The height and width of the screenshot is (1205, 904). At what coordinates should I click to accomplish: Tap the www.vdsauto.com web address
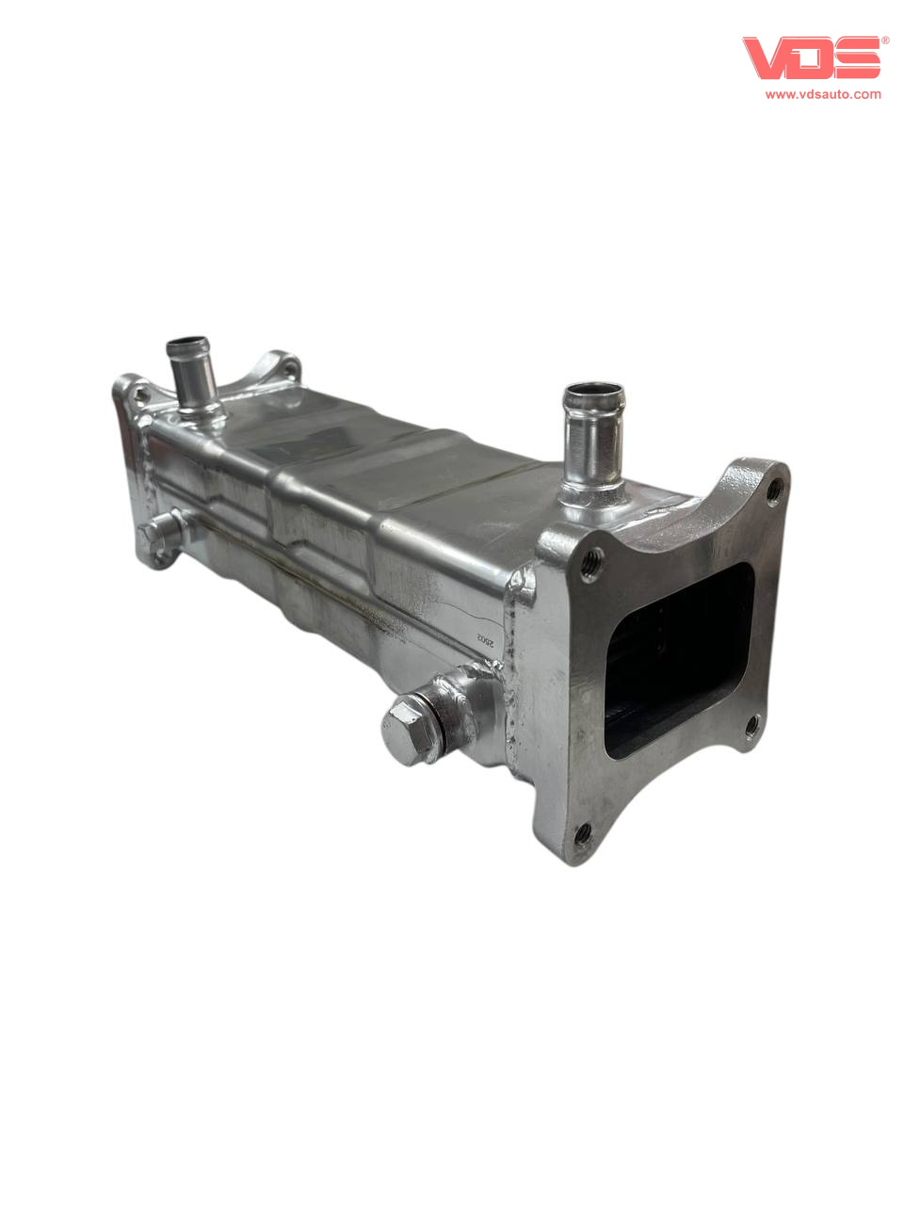[823, 94]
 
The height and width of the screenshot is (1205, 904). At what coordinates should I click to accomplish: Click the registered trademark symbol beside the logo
[885, 40]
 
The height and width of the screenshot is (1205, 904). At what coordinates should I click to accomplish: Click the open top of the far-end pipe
[187, 345]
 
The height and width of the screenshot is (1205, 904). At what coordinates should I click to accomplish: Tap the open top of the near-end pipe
[594, 393]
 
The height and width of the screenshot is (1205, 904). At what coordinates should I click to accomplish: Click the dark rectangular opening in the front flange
[679, 661]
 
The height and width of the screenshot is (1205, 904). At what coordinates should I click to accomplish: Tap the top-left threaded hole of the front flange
[592, 562]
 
